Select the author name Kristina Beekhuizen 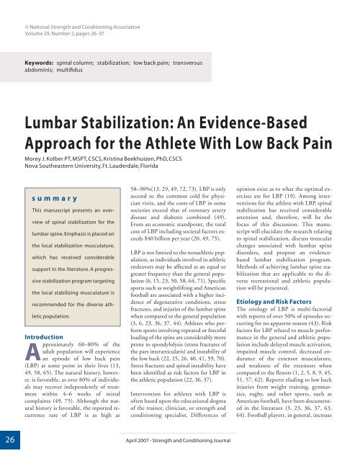pos(159,157)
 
